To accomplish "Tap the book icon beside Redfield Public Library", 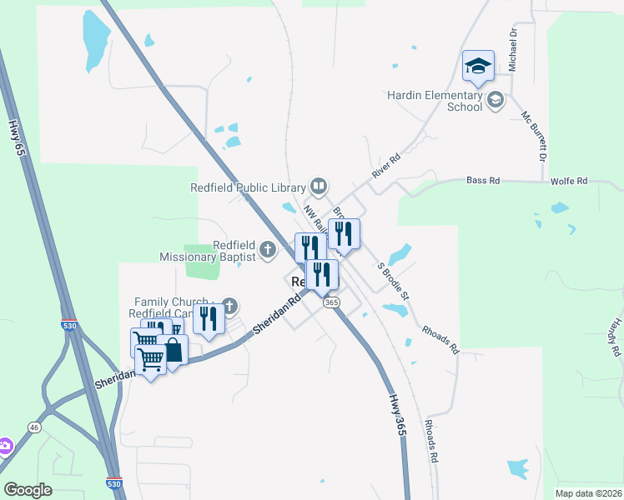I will point(318,185).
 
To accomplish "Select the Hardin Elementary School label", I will point(435,101).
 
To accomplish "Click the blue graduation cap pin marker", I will point(478,67).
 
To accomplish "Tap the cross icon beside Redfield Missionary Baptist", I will point(267,248).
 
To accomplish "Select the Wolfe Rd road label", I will point(569,181).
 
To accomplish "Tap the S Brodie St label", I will point(393,281).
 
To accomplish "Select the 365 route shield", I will point(332,302).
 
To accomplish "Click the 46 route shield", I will point(34,427).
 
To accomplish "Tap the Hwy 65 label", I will point(14,136).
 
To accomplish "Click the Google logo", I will point(28,489).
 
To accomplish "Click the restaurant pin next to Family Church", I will point(209,319).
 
